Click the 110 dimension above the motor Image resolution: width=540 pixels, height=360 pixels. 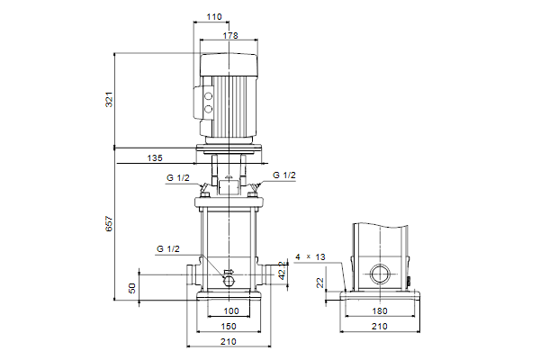tap(212, 18)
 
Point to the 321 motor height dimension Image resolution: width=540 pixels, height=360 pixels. tap(110, 100)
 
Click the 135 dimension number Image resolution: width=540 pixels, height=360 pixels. tap(155, 158)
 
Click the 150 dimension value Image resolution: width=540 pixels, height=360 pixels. tap(229, 327)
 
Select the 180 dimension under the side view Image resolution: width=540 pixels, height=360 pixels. tap(379, 312)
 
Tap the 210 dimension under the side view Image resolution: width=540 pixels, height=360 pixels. tap(379, 327)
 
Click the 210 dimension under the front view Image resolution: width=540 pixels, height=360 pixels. tap(229, 342)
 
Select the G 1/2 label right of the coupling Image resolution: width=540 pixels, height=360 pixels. tap(283, 175)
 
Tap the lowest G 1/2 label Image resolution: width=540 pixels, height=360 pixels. tap(167, 248)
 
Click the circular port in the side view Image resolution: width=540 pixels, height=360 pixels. tap(379, 274)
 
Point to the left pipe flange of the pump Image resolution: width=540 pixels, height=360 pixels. tap(192, 274)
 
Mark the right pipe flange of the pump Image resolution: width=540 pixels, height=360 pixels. tap(267, 274)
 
